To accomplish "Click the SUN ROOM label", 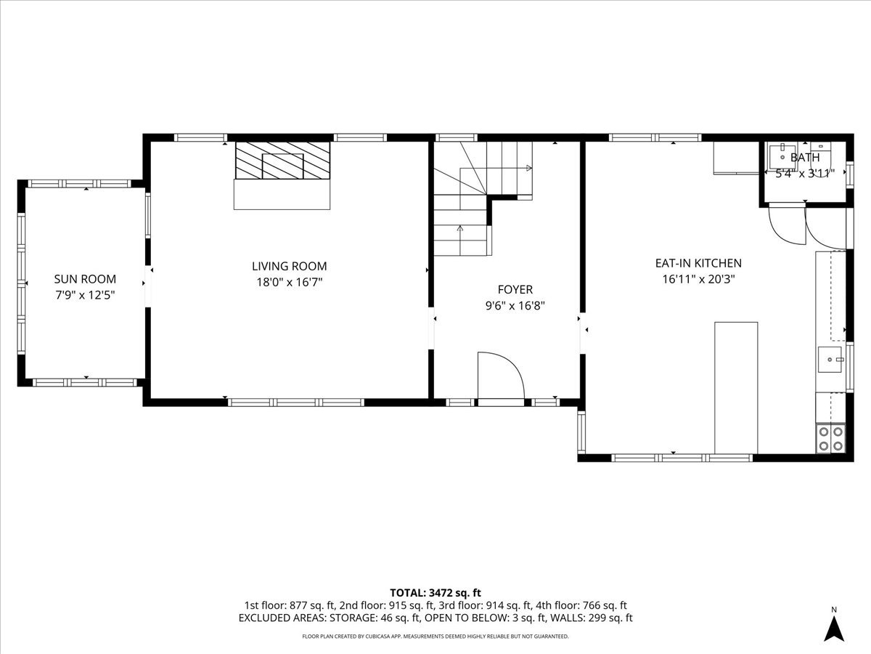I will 85,279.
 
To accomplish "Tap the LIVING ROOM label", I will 289,266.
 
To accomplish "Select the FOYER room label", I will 515,289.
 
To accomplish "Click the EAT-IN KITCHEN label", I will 698,263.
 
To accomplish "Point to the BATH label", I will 804,158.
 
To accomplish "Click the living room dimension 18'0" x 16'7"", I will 289,283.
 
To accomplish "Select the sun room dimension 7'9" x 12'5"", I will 85,296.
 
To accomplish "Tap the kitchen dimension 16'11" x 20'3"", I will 698,280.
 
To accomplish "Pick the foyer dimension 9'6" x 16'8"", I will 515,306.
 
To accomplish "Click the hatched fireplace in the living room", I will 282,161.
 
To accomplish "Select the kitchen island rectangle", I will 736,387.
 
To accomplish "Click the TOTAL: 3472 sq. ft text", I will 435,593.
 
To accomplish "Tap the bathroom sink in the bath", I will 782,156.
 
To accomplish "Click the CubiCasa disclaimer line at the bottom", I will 435,636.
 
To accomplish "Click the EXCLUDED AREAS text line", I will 435,618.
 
